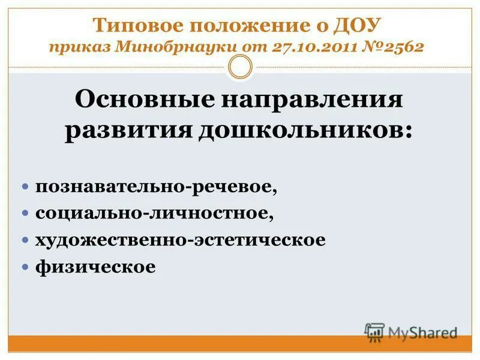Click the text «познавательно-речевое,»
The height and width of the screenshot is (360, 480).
point(156,187)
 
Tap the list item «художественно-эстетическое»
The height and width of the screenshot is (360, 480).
point(180,240)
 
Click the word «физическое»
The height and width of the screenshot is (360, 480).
point(95,266)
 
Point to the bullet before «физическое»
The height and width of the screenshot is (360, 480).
point(26,266)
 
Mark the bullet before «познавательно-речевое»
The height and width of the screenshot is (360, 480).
point(26,187)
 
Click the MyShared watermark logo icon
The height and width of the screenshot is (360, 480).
point(374,332)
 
